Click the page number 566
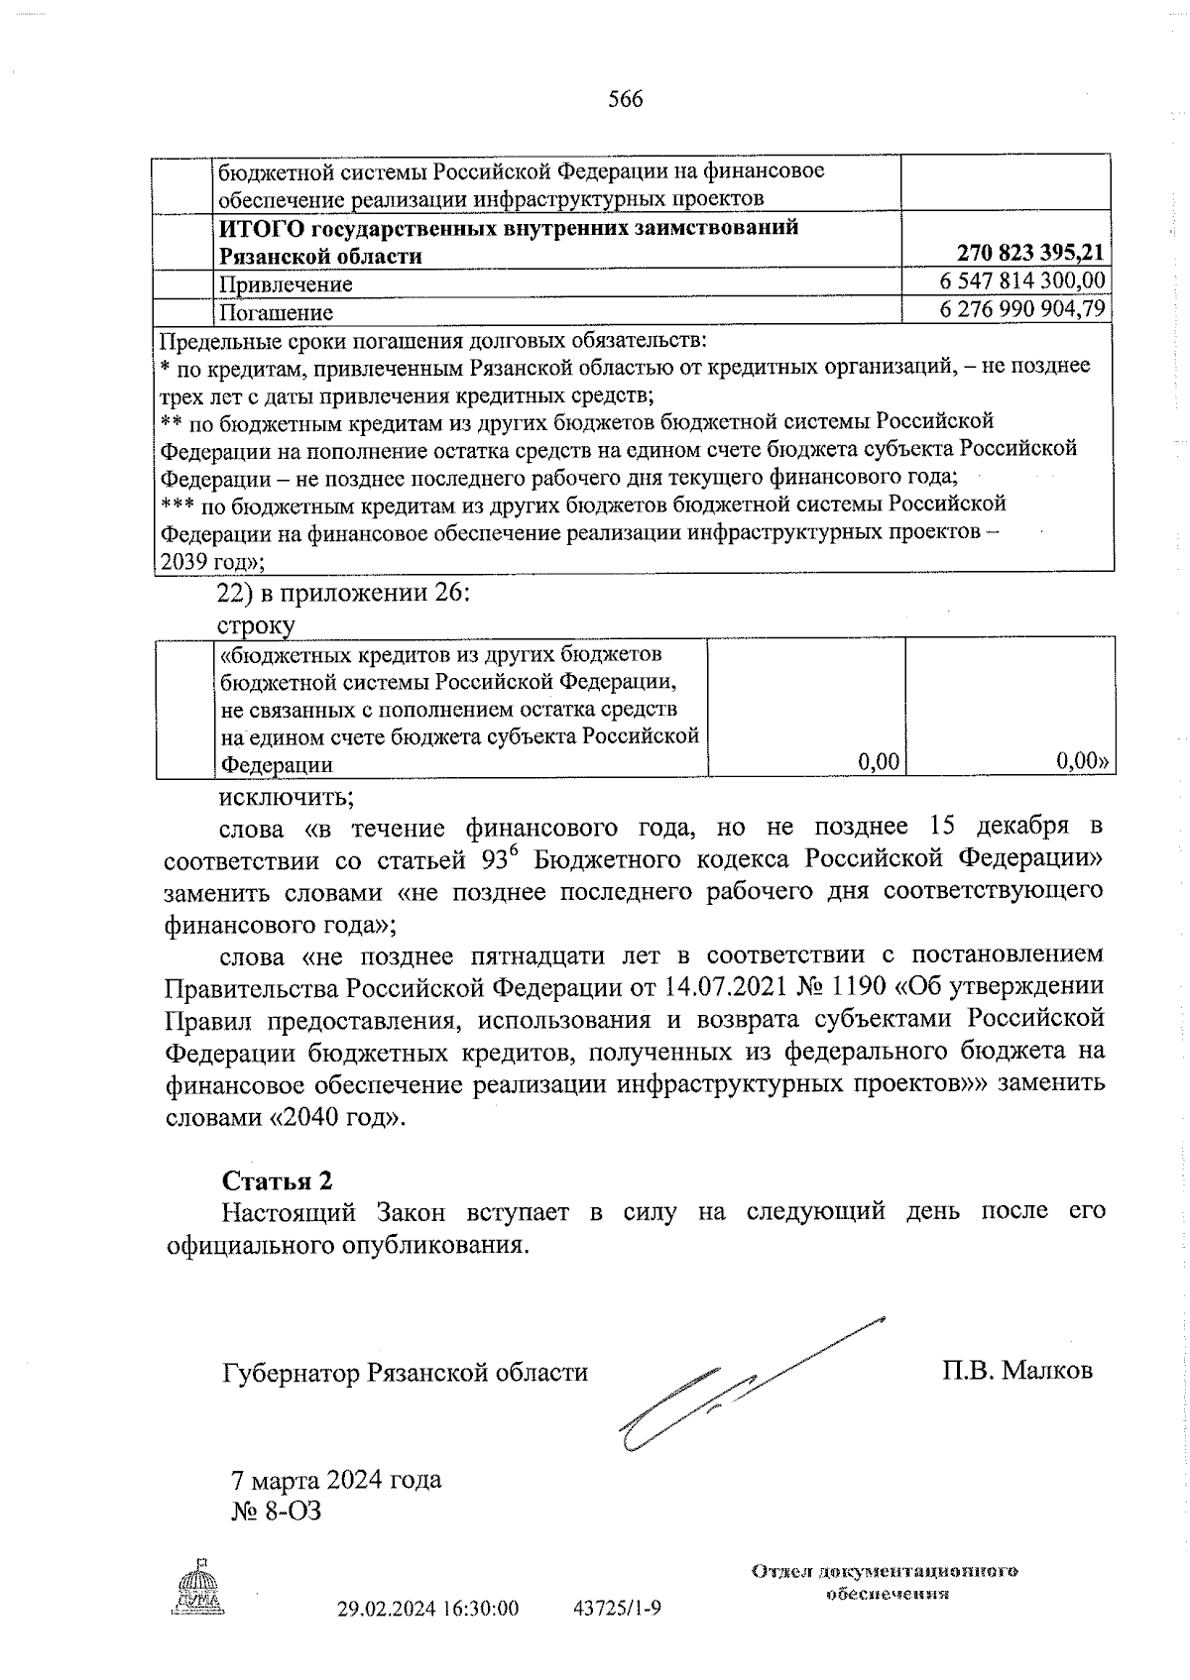pyautogui.click(x=625, y=99)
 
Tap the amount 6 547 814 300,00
pyautogui.click(x=1021, y=282)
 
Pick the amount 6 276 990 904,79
pyautogui.click(x=1021, y=309)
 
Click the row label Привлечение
pyautogui.click(x=286, y=284)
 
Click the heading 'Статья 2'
pyautogui.click(x=277, y=1179)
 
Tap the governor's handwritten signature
pyautogui.click(x=734, y=1388)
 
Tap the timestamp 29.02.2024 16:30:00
pyautogui.click(x=427, y=1608)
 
